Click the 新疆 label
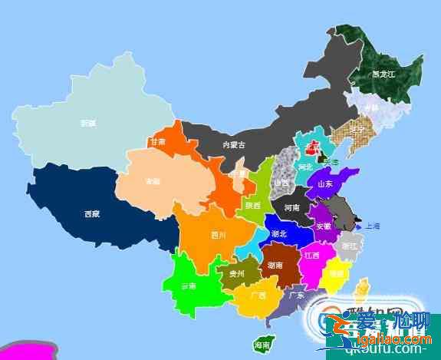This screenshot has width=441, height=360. click(88, 122)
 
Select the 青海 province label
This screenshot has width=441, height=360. click(152, 181)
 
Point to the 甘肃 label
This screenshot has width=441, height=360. click(158, 142)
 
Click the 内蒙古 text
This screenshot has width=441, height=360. click(234, 144)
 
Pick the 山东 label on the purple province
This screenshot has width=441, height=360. click(324, 184)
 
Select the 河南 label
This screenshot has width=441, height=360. click(292, 207)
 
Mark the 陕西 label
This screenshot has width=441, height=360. click(252, 205)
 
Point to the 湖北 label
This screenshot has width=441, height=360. click(279, 233)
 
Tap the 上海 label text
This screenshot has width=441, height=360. click(373, 226)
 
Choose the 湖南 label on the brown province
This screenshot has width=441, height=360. click(275, 264)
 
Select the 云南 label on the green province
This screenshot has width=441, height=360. click(189, 286)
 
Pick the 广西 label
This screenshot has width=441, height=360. click(258, 295)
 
